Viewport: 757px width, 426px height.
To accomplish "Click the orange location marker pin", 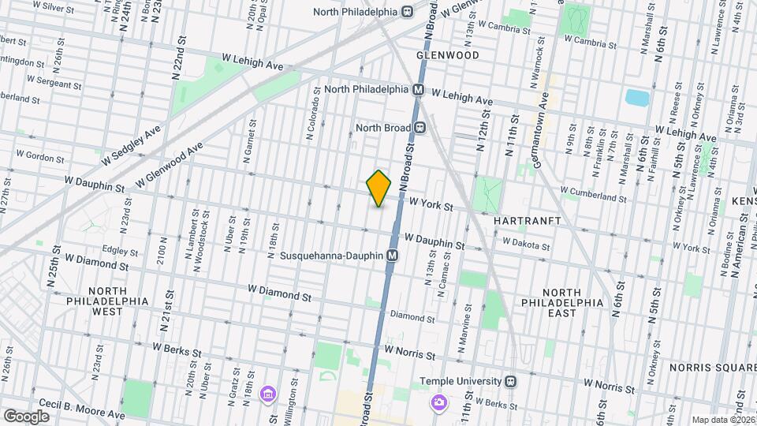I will point(379,189).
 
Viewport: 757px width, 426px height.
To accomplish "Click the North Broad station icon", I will point(421,127).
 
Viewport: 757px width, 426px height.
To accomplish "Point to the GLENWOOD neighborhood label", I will point(448,55).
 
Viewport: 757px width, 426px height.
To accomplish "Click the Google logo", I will point(26,416).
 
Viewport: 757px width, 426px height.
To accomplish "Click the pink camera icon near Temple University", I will point(439,403).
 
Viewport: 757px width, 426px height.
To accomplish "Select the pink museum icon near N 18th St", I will point(267,394).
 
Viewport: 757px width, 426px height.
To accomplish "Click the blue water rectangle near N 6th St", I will point(636,99).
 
